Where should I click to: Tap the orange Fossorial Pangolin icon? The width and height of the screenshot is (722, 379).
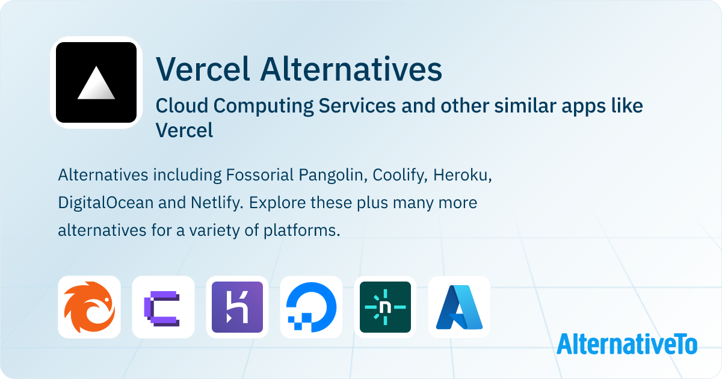89,307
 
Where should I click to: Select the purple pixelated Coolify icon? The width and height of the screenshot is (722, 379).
163,307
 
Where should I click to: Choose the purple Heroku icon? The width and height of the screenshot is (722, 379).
237,307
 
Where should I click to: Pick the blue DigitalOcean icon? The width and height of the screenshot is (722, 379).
311,307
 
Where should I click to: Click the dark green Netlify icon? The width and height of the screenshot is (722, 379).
385,307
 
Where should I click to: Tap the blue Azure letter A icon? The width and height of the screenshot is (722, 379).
459,307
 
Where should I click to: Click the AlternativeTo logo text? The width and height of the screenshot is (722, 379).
627,344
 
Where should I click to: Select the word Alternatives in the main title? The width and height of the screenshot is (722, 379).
351,69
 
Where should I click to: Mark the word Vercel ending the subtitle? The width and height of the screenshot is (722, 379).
184,130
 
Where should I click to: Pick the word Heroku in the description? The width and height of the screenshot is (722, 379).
464,176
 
